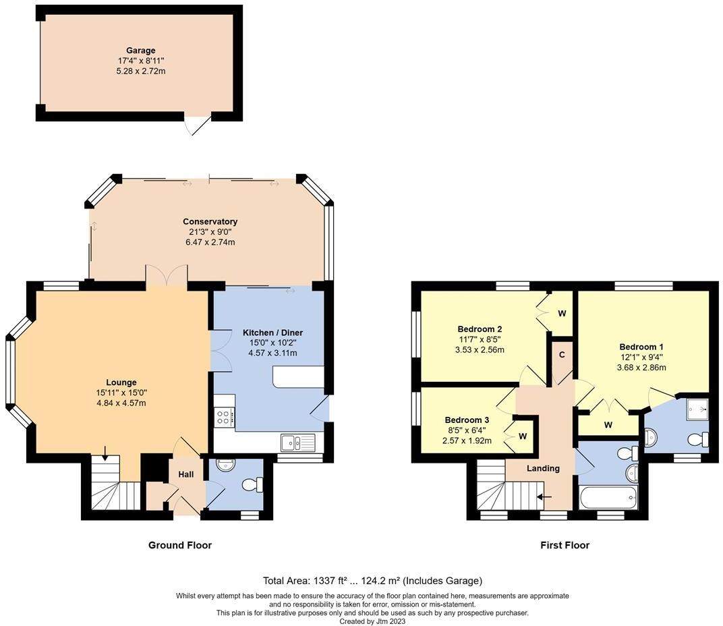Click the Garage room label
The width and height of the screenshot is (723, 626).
click(x=140, y=51)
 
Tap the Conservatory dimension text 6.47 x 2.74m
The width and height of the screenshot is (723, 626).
click(x=210, y=242)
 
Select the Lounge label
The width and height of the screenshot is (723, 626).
click(x=121, y=382)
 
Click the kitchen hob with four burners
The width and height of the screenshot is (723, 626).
click(x=224, y=417)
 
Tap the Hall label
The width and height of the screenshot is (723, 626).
click(x=185, y=475)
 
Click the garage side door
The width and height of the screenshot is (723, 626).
click(x=198, y=124)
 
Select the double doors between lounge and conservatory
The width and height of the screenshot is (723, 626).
click(x=166, y=277)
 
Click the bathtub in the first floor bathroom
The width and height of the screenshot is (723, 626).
click(x=608, y=499)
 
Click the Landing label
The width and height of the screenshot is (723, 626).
click(x=543, y=469)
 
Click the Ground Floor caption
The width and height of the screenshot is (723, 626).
click(x=179, y=545)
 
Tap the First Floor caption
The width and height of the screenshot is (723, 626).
click(x=565, y=545)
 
